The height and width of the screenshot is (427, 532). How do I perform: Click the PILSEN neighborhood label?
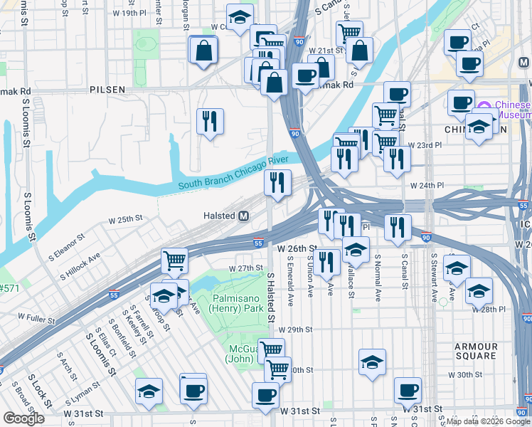coord(107,90)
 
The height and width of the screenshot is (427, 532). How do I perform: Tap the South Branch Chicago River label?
coord(224,178)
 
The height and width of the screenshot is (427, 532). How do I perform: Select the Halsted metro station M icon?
coord(243,216)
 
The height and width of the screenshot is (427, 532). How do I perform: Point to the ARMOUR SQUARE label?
coord(477,351)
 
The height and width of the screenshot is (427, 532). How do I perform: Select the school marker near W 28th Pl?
coord(479,290)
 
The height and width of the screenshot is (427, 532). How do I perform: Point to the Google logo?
coord(23,418)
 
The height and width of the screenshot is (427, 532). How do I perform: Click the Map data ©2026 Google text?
coord(488,421)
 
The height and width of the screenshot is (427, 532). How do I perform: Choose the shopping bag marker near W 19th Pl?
coord(203,50)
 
